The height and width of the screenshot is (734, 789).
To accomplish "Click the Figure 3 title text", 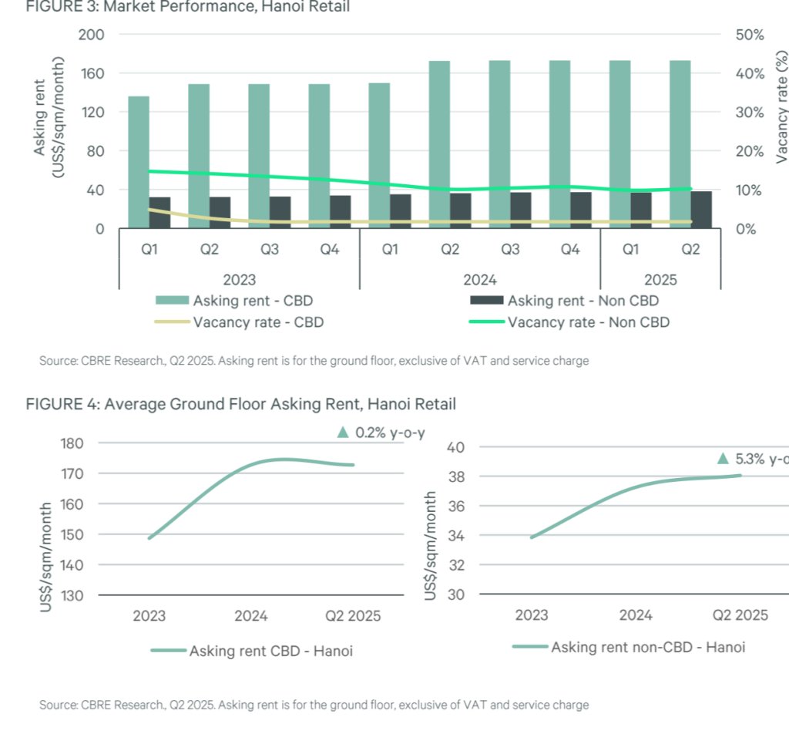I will [187, 7].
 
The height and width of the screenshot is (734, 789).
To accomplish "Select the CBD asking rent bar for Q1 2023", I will [139, 162].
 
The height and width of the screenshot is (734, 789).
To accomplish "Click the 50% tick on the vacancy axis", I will [748, 35].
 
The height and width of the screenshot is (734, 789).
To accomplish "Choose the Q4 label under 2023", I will [330, 249].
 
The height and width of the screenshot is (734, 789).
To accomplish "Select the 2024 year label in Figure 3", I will [480, 279].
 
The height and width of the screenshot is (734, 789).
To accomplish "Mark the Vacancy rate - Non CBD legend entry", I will [588, 322].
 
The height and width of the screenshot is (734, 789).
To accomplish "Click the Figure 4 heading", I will [240, 403].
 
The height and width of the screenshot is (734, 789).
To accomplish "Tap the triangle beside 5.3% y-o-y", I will [723, 459].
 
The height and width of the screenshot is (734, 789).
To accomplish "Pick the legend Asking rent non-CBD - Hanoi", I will [647, 647].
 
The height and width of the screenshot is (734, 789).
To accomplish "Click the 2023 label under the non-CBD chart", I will [532, 614].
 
